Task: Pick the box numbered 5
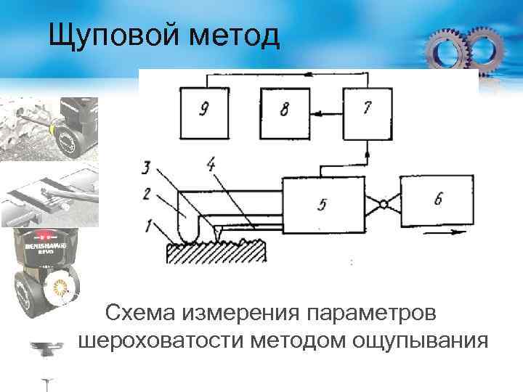(x=322, y=203)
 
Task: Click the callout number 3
(x=147, y=169)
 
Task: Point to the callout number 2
(x=147, y=195)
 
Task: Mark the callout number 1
(x=147, y=226)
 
